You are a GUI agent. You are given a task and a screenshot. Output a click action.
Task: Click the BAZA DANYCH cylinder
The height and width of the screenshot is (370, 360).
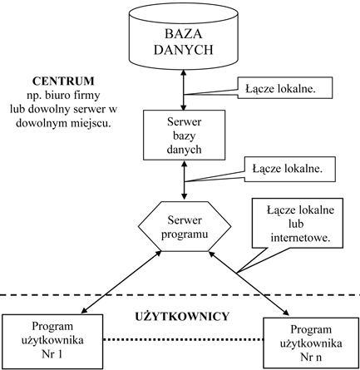pos(184,37)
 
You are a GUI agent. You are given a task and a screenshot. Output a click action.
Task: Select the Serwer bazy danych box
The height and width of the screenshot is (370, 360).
pos(184,135)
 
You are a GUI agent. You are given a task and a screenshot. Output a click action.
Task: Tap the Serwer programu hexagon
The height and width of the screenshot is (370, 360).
pos(185,226)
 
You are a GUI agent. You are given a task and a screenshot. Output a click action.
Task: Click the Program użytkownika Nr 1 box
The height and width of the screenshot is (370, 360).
pos(52,342)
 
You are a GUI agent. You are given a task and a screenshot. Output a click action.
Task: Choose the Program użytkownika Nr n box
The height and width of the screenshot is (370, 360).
pos(311,343)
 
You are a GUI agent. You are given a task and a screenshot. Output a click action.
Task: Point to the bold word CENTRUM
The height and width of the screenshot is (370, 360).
pos(63,81)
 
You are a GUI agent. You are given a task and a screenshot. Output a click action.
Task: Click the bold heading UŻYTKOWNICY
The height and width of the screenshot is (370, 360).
pos(182,317)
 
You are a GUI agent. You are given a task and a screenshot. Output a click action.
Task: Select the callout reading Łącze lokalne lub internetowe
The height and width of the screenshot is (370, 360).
pos(298,223)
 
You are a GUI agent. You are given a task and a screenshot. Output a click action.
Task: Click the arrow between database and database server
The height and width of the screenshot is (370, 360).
pos(184,90)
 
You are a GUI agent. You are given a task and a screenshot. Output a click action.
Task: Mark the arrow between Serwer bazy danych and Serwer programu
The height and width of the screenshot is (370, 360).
pos(184,180)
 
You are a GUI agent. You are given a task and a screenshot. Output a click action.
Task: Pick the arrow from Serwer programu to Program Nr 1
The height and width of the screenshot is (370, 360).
pos(121,282)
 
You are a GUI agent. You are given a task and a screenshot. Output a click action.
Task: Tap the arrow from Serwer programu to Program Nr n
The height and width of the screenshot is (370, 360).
pos(249,284)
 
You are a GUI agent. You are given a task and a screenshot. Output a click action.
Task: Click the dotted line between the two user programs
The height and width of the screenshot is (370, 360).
pos(183,339)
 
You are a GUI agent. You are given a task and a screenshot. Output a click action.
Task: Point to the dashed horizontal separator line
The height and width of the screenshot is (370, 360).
pos(180,294)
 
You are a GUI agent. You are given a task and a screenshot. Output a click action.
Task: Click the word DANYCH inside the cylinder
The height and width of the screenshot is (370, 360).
pos(184,50)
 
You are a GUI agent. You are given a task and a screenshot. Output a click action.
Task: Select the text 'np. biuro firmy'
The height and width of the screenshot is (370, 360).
pos(63,96)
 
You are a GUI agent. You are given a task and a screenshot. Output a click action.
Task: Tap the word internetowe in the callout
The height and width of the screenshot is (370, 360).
pos(301,238)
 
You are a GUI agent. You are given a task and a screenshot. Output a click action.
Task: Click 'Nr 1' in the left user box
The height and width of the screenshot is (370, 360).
pos(52,354)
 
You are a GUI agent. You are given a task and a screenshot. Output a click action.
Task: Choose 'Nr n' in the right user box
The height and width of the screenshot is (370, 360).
pos(311,357)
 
